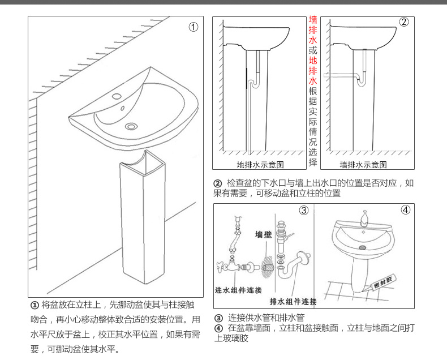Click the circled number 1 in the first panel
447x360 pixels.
(193, 27)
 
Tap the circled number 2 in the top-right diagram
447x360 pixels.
(403, 22)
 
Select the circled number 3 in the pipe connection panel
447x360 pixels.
(303, 210)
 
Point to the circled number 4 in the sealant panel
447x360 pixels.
(405, 210)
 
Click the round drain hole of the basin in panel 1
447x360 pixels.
(132, 126)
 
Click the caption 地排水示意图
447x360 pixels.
(260, 165)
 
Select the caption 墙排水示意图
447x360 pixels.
(363, 165)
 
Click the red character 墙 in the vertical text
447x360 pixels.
(313, 20)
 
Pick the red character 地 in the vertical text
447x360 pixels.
(313, 61)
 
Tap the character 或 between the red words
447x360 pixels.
(313, 50)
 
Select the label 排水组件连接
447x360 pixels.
(293, 301)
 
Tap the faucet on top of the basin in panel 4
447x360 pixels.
(365, 216)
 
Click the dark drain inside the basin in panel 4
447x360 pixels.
(363, 247)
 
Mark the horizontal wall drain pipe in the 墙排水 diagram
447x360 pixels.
(339, 74)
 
